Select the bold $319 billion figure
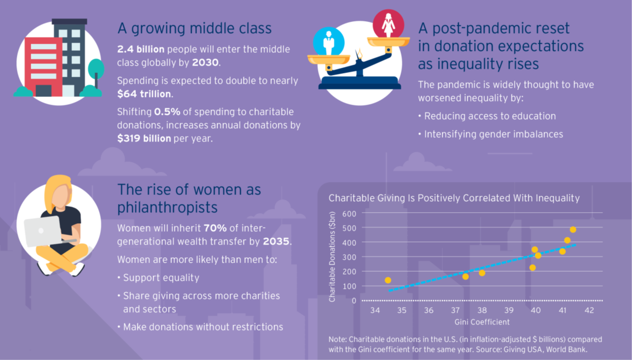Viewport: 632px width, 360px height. point(144,138)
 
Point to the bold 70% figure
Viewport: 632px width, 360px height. point(215,228)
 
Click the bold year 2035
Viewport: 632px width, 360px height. point(276,241)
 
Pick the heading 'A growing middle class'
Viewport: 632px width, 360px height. point(194,28)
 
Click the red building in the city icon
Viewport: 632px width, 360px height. point(44,67)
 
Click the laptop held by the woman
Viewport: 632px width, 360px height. point(43,231)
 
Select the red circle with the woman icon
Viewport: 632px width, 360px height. point(388,24)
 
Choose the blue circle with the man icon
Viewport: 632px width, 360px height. point(328,41)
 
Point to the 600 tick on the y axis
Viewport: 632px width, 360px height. point(349,214)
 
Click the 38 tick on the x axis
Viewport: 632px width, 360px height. point(482,311)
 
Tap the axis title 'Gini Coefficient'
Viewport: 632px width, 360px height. point(482,322)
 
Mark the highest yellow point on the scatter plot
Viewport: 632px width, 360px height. point(572,230)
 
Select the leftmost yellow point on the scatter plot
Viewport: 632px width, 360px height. point(388,280)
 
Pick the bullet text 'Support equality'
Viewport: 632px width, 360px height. point(161,278)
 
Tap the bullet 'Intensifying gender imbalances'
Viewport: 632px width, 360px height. point(493,134)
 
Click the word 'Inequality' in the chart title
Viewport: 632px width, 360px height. point(557,198)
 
